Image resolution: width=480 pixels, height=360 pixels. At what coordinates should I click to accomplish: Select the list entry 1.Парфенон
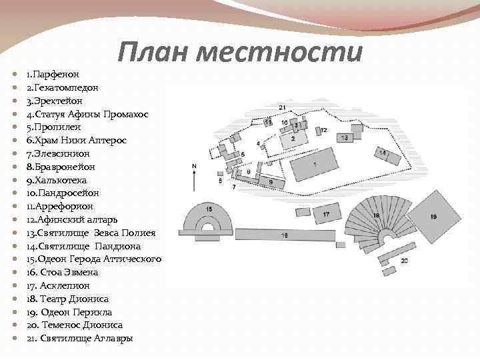(53, 73)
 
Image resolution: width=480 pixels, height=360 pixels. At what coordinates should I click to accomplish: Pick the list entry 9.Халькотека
(57, 180)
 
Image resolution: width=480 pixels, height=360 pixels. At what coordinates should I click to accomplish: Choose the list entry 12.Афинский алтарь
(71, 219)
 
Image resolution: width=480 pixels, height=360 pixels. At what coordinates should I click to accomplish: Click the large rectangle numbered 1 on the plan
(314, 163)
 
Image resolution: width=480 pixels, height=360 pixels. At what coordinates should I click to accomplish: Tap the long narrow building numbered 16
(284, 235)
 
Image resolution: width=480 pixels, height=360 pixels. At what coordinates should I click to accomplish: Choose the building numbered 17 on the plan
(326, 215)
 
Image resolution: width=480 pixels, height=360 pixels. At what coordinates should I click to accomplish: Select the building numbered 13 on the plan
(345, 137)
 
